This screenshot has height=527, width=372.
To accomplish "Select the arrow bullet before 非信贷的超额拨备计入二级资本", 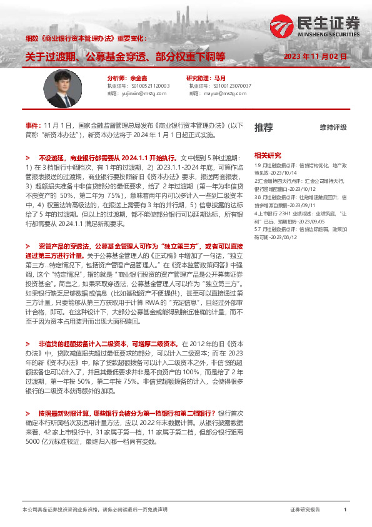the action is pos(28,344).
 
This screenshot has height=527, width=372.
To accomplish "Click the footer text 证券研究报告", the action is pos(305,510).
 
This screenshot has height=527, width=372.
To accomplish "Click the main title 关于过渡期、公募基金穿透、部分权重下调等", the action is pos(125,56).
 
